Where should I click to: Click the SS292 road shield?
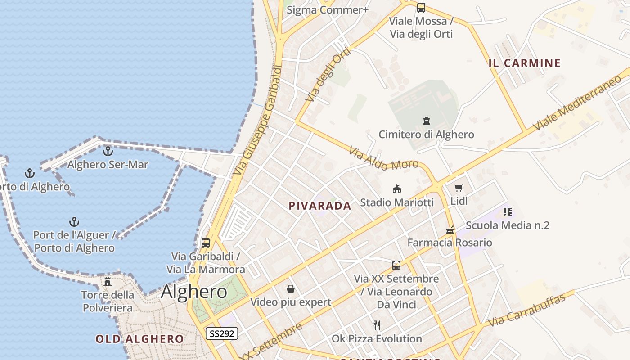[222, 333]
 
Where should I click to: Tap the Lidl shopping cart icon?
[459, 188]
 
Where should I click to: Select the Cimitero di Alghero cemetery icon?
[426, 121]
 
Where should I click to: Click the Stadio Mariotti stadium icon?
[396, 189]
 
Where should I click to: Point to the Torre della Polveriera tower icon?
[108, 282]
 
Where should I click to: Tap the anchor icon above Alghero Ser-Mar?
[108, 151]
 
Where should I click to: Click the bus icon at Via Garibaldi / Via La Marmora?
[206, 243]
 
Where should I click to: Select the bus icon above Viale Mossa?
[421, 8]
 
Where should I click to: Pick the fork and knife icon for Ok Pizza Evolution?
[377, 325]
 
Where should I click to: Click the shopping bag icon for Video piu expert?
[291, 289]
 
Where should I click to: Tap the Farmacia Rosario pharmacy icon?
[450, 229]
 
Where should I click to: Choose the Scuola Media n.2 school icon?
[508, 212]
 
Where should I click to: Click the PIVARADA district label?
[319, 206]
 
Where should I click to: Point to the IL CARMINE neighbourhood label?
[525, 63]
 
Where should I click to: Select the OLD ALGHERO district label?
[139, 339]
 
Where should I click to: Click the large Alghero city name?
[194, 292]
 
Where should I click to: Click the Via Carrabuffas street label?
[526, 310]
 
